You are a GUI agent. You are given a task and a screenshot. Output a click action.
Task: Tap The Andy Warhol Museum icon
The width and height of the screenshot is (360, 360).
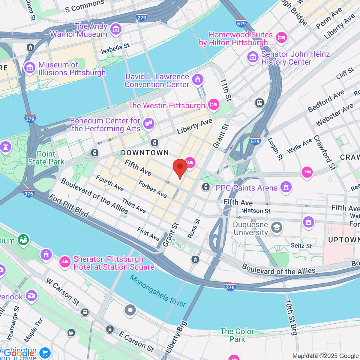click(115, 29)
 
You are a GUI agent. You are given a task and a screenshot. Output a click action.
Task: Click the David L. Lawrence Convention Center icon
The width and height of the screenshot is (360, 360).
click(197, 79)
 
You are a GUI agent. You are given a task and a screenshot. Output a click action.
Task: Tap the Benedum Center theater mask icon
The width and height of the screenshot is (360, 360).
click(148, 123)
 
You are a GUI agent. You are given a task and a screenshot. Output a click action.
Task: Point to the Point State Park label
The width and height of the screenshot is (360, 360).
click(46, 158)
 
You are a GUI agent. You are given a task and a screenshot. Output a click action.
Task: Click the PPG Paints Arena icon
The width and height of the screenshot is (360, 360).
click(286, 187)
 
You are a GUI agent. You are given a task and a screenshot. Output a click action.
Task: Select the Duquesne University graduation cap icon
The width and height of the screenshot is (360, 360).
click(277, 227)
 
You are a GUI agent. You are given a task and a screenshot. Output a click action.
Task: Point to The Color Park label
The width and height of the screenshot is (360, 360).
click(237, 335)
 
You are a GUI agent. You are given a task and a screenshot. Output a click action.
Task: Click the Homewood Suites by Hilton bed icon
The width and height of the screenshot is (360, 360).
click(281, 37)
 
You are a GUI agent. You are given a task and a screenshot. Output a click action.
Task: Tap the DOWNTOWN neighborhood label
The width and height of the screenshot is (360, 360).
click(145, 153)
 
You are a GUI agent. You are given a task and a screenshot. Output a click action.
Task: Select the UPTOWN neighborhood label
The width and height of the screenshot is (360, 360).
click(343, 240)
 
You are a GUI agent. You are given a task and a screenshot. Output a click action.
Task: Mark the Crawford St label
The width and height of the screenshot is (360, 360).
click(324, 152)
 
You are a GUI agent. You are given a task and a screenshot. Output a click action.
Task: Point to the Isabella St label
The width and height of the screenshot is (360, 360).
click(115, 49)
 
